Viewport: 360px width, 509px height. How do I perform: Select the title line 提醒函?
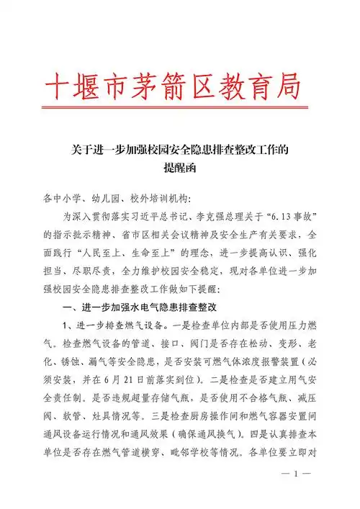click(179, 169)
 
